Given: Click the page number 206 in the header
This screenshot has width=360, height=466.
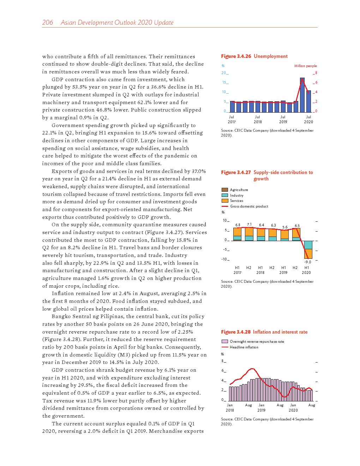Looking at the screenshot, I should [47, 23].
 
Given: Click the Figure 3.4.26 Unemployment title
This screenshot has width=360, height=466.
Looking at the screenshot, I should [254, 56].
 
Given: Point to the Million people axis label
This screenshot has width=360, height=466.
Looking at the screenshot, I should [305, 66].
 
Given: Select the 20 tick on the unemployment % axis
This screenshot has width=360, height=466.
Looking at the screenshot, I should [224, 73].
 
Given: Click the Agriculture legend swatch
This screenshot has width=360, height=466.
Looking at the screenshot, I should [225, 190].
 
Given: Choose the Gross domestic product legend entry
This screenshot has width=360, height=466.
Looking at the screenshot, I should [249, 207].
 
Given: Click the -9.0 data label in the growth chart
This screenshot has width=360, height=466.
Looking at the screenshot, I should [308, 262].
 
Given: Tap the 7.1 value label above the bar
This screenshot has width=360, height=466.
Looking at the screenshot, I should [249, 225].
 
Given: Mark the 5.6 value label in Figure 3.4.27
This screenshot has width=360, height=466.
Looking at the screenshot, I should [285, 227].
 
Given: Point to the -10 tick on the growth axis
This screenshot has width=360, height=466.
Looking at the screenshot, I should [224, 259].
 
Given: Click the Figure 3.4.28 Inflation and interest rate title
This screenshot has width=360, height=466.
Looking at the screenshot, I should [264, 332].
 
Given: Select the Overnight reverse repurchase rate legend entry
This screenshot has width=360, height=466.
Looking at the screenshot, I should [257, 342].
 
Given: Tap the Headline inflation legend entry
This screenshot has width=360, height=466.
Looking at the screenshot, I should [244, 347].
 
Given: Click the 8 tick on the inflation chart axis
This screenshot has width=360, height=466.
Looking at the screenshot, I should [223, 361].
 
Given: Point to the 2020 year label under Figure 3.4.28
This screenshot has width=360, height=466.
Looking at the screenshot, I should [293, 410].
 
